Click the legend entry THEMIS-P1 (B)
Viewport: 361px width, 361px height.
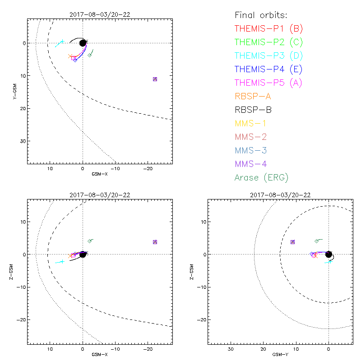point(268,29)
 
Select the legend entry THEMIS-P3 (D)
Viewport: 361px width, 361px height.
point(268,56)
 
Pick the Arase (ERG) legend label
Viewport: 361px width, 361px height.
point(261,177)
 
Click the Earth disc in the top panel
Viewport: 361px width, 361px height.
point(83,43)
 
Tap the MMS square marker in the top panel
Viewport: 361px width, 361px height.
point(155,79)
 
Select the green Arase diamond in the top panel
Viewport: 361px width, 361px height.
point(90,55)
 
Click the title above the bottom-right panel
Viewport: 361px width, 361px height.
point(280,195)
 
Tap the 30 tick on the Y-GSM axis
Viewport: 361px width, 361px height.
point(22,141)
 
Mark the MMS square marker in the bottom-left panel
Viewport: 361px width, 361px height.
point(155,242)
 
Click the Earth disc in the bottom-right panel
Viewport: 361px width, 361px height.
point(329,254)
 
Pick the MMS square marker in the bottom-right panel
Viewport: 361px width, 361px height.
point(293,242)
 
